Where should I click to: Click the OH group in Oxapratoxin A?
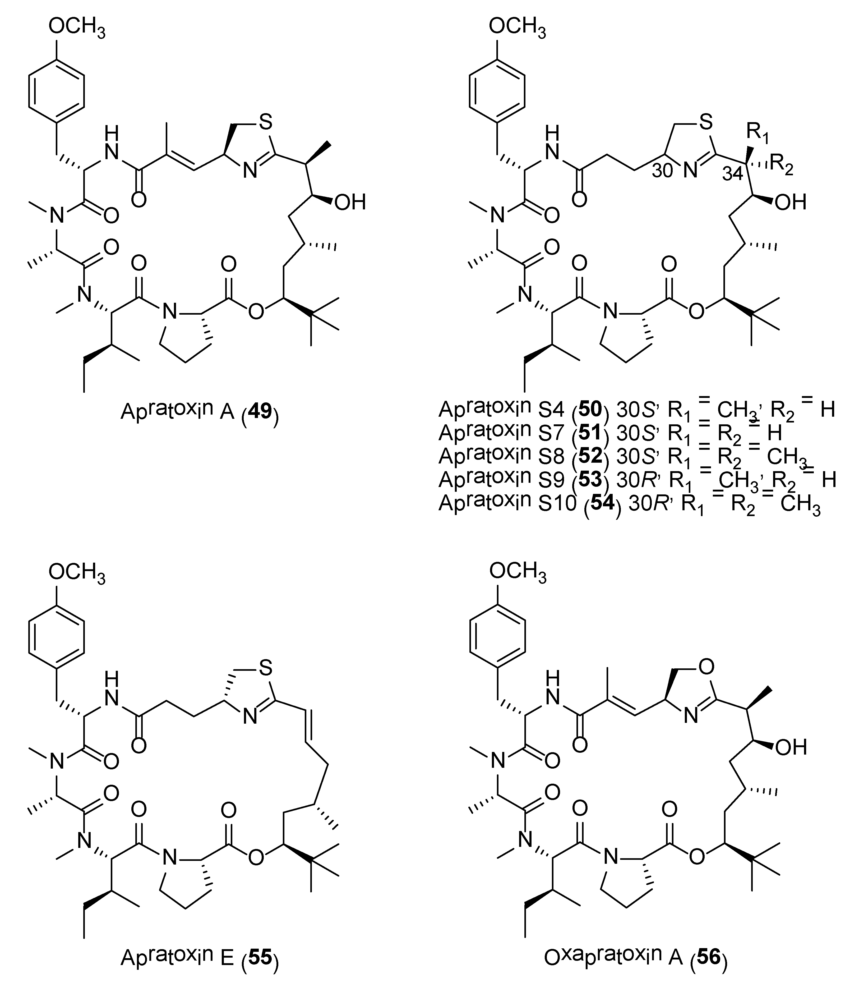791,747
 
